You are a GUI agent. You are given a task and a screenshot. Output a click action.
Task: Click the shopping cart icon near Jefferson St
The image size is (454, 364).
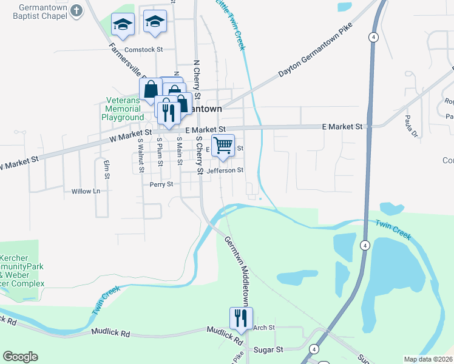pos(223,146)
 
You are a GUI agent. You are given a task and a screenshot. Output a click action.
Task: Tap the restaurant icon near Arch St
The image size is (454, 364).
pos(241,318)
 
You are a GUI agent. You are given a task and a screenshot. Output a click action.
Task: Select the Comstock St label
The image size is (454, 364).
pos(144,50)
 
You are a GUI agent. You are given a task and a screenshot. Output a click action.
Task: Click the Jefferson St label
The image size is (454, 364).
pos(225,171)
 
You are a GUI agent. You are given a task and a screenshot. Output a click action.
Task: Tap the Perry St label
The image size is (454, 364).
pos(161,184)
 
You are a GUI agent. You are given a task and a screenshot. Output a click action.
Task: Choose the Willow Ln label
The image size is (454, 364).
pos(86,191)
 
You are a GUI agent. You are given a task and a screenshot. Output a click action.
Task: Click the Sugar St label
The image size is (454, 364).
pos(271,350)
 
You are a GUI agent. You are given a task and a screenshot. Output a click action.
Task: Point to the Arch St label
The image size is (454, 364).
pos(264,328)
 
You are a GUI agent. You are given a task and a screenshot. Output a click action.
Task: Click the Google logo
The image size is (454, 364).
pos(20,357)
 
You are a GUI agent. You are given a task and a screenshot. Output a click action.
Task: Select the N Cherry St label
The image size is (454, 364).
pos(196,77)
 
